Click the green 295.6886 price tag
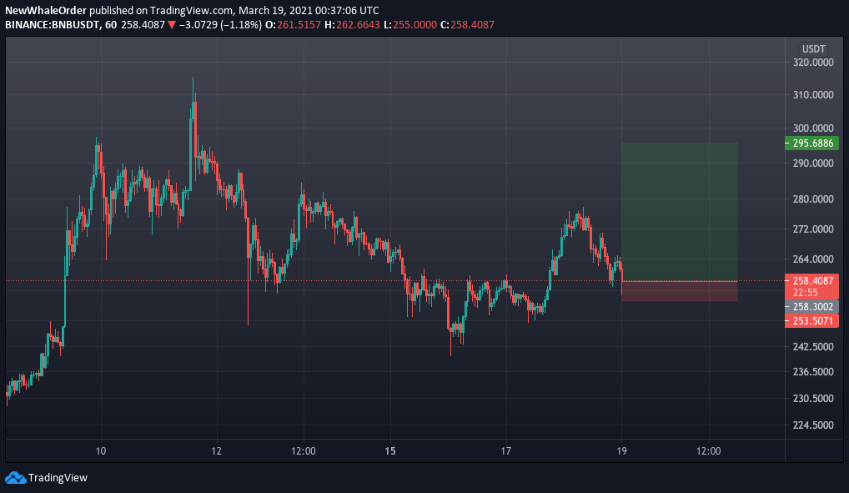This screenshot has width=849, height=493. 811,143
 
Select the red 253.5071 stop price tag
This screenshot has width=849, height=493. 811,321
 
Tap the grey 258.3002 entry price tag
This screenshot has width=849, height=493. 811,307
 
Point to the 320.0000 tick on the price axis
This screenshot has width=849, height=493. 813,63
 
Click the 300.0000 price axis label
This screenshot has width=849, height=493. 813,128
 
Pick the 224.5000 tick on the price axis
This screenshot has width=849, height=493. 813,425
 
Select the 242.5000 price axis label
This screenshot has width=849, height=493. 813,347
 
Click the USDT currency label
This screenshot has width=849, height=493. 814,48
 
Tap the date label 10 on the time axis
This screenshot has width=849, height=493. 101,451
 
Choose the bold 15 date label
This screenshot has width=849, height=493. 390,451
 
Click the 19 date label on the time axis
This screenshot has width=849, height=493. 621,451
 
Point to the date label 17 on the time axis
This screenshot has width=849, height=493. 505,451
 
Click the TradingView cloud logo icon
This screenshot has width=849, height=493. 15,478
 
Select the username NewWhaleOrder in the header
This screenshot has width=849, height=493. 46,10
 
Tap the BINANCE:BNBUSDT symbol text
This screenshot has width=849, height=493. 53,25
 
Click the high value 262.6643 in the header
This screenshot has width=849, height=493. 358,25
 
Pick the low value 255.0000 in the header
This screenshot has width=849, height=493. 414,25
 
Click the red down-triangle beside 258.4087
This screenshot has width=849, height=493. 172,25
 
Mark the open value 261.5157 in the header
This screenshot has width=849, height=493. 299,25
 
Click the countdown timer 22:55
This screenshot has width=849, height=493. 805,293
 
